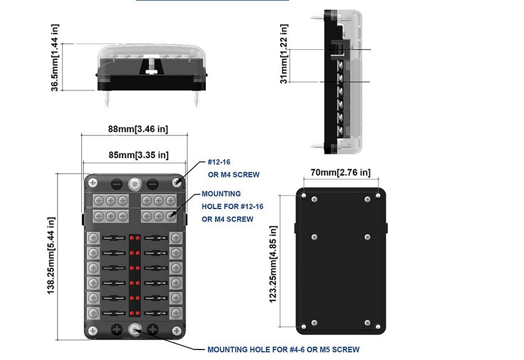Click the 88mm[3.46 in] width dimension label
click(138, 129)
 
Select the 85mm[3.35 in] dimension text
click(138, 155)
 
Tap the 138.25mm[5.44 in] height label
click(51, 255)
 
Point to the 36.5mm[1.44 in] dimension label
click(55, 57)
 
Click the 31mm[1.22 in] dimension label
click(284, 54)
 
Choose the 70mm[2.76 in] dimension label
click(340, 173)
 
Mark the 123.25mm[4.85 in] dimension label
click(274, 264)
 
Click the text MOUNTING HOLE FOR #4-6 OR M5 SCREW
click(284, 349)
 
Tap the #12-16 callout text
click(219, 162)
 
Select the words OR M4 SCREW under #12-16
click(234, 175)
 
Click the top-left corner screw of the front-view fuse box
click(92, 182)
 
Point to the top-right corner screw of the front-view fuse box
click(176, 182)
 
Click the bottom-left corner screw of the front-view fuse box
click(92, 331)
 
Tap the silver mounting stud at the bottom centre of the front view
click(135, 330)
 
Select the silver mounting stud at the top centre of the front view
click(135, 184)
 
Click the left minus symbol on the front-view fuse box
click(117, 184)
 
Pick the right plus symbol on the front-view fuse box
click(153, 330)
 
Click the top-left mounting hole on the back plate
click(304, 195)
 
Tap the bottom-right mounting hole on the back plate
click(378, 327)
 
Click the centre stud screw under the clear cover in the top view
click(151, 66)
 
